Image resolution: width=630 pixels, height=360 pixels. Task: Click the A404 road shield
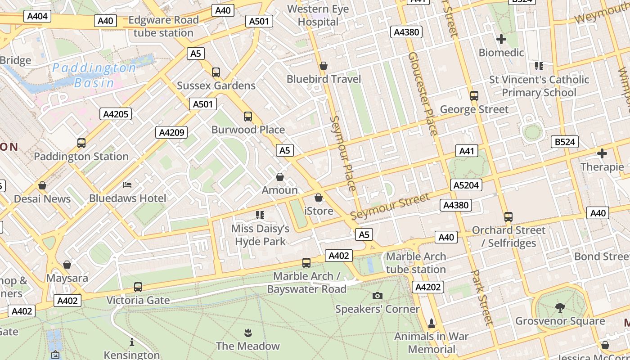point(37,17)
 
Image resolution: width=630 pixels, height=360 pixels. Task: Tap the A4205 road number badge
point(116,114)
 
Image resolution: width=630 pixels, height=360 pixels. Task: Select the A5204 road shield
point(466,184)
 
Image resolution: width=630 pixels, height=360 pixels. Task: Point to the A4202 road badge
point(428,287)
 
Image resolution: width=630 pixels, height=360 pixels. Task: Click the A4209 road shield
point(171,132)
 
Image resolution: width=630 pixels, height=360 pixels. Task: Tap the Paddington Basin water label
point(94,75)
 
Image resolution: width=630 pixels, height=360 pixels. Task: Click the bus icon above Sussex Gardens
point(216,72)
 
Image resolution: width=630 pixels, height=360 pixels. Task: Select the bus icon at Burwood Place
point(248,117)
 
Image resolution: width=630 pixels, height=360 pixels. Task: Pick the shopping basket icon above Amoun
point(280,177)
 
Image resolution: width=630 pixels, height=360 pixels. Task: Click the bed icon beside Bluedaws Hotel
point(127,184)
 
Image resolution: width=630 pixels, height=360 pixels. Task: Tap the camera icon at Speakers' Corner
point(378,296)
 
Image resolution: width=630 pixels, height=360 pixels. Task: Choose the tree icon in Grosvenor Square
point(560,308)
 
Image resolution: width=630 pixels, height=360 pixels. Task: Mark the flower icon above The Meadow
point(247,333)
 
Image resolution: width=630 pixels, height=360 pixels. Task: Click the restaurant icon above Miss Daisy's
point(260,215)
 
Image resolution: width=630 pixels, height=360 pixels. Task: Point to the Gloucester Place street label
point(423,93)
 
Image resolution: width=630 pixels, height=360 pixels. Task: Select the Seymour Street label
point(390,207)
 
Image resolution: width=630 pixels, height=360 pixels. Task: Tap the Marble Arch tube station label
point(416,263)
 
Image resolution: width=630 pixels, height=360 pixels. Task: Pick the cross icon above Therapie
point(602,153)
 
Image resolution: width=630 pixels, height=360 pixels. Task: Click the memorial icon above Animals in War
point(432,323)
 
